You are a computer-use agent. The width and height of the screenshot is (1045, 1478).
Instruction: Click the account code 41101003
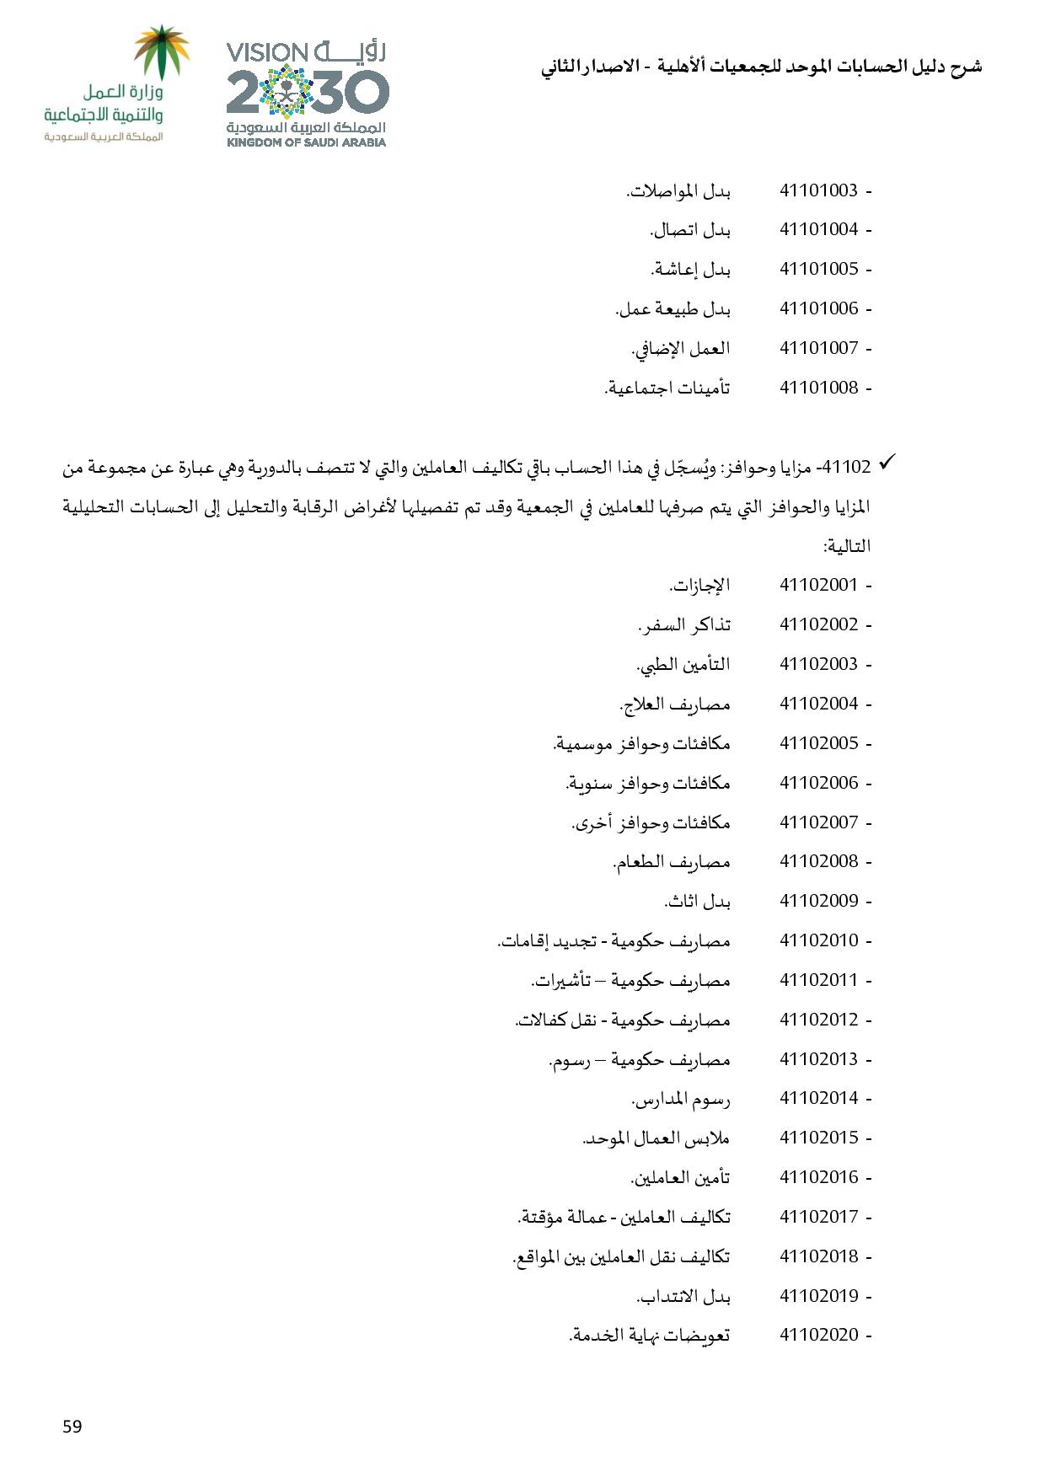818,190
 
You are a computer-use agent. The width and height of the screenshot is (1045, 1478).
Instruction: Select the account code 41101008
818,388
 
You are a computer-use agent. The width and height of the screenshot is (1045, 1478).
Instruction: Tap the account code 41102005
818,743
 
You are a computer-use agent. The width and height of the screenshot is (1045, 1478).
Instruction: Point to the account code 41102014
818,1098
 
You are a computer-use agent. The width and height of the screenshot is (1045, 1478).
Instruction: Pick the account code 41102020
818,1335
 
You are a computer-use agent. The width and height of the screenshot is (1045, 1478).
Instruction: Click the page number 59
72,1426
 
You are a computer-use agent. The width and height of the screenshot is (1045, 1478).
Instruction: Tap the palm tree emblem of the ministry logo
163,52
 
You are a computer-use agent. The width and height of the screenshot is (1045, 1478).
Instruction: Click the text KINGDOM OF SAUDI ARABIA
307,142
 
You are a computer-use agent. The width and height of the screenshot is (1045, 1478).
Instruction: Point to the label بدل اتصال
690,230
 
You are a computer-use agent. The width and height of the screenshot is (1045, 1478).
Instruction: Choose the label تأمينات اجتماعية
667,388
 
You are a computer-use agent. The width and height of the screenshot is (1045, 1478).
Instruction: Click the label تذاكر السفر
683,624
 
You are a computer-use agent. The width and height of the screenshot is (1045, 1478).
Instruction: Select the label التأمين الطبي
683,664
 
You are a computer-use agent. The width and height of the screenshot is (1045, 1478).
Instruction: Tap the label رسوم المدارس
681,1099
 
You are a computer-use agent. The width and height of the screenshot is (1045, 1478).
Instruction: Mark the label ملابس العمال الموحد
656,1138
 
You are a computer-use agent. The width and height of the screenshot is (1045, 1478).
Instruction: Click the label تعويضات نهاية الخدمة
650,1335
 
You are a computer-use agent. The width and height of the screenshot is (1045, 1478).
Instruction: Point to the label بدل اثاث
697,902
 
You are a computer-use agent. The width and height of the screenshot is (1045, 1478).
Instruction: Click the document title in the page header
761,67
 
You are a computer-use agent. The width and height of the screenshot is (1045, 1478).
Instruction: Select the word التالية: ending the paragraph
847,547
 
